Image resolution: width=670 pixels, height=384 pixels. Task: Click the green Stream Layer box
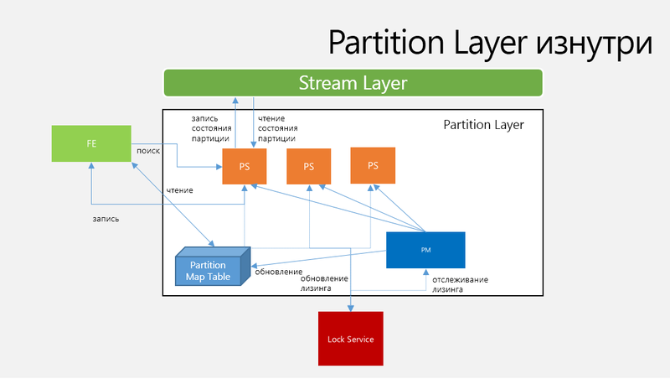[x=353, y=83]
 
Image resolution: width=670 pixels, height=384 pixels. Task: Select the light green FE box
[x=90, y=143]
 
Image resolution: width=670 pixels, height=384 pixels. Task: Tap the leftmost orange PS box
[x=245, y=166]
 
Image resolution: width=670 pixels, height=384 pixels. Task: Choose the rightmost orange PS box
[x=373, y=165]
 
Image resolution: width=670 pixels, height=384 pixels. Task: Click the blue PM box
[x=425, y=250]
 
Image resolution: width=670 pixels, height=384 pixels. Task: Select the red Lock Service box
[x=350, y=339]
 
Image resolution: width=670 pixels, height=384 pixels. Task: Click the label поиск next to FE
[x=148, y=150]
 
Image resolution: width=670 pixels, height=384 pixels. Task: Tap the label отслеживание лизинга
[x=460, y=286]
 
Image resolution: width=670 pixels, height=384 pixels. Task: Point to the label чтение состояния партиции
[x=278, y=128]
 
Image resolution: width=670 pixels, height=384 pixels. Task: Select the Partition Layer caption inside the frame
[x=483, y=125]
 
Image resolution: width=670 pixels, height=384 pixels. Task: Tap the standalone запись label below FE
[x=106, y=219]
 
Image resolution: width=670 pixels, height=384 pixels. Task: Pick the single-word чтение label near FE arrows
[x=179, y=190]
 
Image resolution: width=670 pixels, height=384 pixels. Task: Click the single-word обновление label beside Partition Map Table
[x=278, y=272]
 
